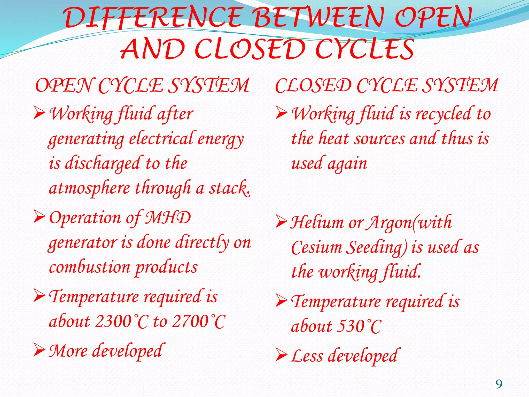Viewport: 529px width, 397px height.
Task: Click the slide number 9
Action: point(499,384)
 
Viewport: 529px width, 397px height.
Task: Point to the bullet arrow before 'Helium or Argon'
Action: point(281,222)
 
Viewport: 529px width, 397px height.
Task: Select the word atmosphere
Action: point(89,188)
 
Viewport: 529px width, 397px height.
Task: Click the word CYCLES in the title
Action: point(364,49)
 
